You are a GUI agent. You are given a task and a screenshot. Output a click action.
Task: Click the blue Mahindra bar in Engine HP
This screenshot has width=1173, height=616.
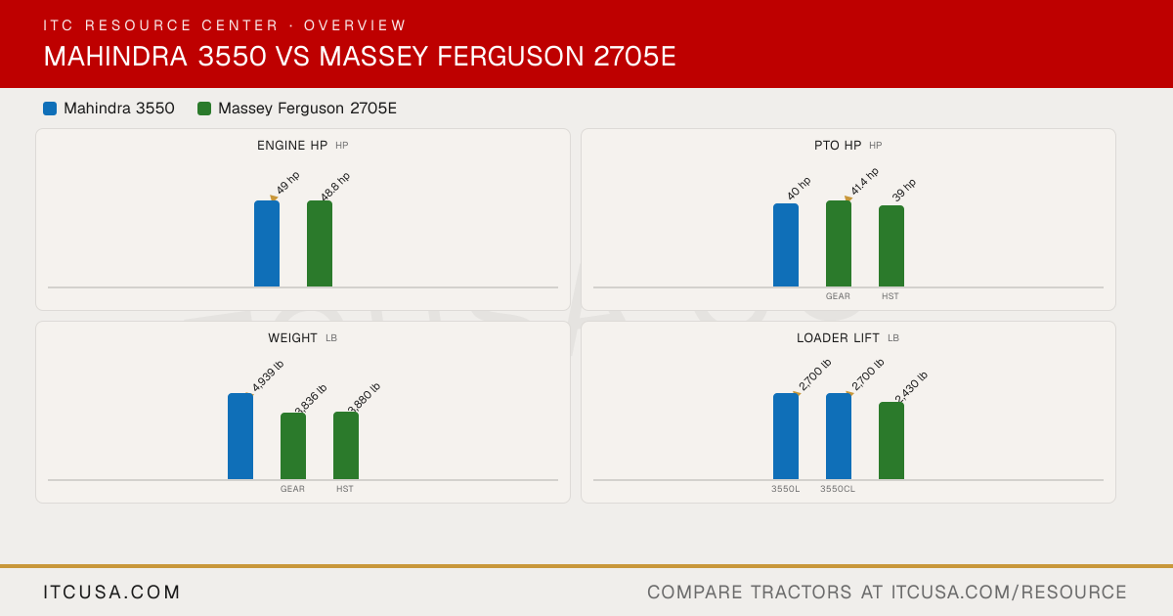tap(267, 243)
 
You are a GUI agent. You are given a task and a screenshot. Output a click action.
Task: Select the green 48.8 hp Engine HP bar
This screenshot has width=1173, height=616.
tap(320, 243)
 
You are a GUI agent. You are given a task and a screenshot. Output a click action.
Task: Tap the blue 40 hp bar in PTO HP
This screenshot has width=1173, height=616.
tap(786, 245)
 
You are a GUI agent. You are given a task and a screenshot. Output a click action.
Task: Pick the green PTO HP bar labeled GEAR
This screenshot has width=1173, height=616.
tap(839, 243)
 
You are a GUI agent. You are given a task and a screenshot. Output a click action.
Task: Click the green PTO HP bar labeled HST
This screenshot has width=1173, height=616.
tap(891, 246)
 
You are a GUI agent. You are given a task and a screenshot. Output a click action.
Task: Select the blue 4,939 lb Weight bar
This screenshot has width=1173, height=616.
tap(240, 436)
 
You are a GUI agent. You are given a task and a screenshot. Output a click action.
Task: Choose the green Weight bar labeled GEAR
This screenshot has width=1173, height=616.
tap(293, 446)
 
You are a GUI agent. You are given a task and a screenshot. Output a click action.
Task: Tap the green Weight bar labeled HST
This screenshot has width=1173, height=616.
tap(346, 445)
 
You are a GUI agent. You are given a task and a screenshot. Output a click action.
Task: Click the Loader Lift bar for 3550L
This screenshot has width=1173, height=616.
tap(786, 436)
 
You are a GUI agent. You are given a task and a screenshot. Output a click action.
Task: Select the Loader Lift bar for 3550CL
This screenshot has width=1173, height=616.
tap(839, 436)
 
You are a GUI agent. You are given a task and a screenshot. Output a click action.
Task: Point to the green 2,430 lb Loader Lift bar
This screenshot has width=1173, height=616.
tap(891, 441)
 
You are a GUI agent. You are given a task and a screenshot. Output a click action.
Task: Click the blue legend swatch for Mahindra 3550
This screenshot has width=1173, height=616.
tap(50, 109)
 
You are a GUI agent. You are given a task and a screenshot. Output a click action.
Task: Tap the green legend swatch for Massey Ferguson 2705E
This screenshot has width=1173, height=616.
tap(204, 109)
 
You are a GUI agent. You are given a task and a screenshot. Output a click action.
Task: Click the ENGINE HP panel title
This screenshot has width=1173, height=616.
tap(292, 146)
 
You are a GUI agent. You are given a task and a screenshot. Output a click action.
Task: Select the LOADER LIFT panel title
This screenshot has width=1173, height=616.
tap(838, 338)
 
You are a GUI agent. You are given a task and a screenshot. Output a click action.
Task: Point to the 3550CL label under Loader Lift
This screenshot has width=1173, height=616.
tap(838, 489)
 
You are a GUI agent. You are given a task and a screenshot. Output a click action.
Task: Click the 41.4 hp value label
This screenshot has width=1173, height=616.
tap(864, 181)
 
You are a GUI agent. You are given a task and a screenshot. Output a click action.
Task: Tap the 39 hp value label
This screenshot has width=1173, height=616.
tap(904, 190)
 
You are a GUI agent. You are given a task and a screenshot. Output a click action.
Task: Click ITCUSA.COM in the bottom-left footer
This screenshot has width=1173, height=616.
tap(111, 593)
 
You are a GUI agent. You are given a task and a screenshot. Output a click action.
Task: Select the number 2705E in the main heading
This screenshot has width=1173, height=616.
tap(634, 57)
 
